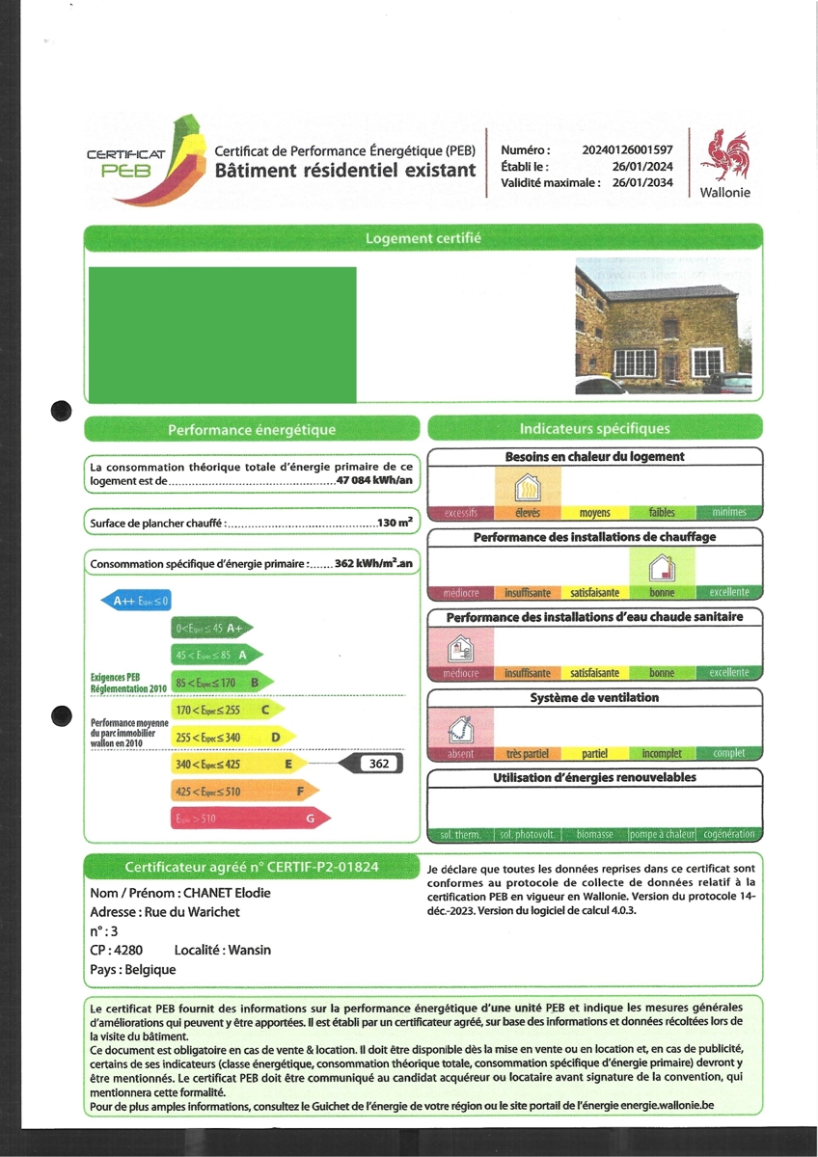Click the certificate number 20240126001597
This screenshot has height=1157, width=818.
(x=627, y=150)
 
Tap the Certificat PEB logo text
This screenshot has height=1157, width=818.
(x=124, y=163)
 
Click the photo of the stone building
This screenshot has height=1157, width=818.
(x=663, y=325)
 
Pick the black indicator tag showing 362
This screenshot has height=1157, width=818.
(x=378, y=765)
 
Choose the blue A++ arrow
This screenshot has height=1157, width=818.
(x=137, y=602)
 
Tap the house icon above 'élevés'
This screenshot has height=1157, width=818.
(x=528, y=485)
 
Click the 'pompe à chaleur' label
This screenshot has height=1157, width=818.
(x=662, y=834)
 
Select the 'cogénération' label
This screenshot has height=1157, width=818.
(x=729, y=834)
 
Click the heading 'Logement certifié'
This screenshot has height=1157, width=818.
(x=423, y=238)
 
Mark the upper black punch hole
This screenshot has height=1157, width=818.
(x=61, y=411)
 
